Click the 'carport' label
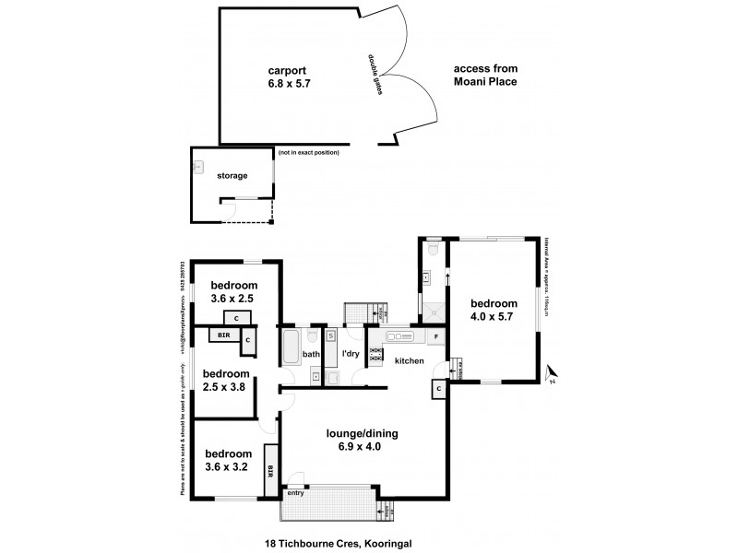click(287, 70)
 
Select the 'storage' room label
click(232, 174)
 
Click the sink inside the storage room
click(198, 169)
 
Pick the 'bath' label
click(311, 354)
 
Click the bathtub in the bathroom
click(291, 348)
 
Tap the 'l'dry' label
click(350, 354)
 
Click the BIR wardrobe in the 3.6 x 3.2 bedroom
click(271, 471)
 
